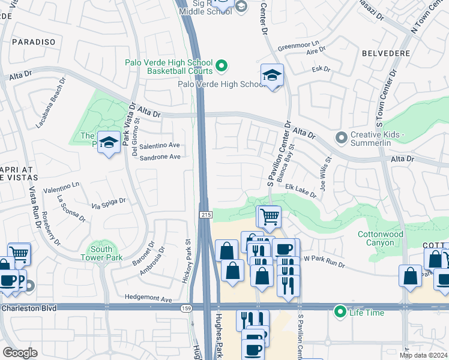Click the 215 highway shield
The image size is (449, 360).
203,214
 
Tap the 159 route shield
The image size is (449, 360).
187,308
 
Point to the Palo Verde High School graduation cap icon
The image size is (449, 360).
272,76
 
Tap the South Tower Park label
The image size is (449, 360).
101,253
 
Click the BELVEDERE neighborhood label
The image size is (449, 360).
386,53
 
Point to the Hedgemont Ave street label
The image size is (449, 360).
148,298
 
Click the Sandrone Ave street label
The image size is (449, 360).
160,157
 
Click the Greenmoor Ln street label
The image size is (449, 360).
297,48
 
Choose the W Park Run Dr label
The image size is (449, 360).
325,259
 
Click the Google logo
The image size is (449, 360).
20,352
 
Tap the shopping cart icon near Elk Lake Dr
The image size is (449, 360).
269,216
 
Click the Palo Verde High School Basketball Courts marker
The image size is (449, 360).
221,65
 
